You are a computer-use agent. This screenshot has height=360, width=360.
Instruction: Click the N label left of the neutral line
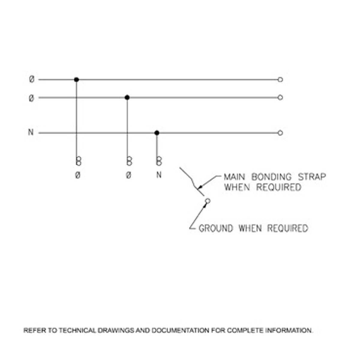(x=31, y=132)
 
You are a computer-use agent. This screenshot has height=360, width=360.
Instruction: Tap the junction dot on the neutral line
(x=157, y=133)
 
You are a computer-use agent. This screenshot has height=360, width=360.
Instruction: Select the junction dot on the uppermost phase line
(x=76, y=79)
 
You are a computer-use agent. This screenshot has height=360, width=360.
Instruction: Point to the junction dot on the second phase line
(x=127, y=97)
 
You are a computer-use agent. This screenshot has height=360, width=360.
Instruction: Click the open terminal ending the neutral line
(x=280, y=133)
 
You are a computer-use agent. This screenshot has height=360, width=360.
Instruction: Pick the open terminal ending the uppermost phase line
(x=280, y=79)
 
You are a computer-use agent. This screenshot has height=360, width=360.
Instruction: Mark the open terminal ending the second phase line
(x=280, y=97)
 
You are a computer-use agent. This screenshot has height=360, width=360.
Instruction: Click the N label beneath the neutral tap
(x=159, y=175)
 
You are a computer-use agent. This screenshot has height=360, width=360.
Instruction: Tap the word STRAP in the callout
(x=312, y=177)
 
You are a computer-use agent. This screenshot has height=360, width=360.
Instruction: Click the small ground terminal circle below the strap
(x=207, y=201)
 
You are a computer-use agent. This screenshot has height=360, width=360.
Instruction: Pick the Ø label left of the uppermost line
(x=32, y=79)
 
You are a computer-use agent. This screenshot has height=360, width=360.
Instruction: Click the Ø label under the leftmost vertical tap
(x=78, y=175)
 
